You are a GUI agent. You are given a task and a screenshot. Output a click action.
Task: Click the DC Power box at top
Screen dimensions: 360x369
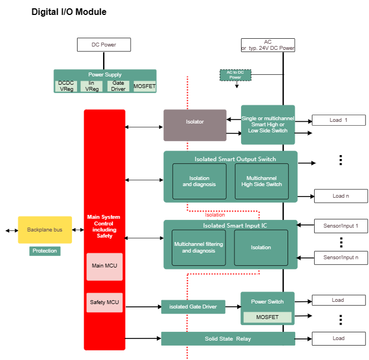(x=104, y=44)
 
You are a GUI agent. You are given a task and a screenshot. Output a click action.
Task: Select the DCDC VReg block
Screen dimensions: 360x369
(x=66, y=86)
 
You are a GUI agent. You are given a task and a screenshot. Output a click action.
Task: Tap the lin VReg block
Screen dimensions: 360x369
(x=91, y=86)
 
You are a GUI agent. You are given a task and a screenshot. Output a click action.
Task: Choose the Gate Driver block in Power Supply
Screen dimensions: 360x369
(x=118, y=86)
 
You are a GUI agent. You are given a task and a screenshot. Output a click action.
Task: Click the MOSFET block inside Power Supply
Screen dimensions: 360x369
(x=145, y=86)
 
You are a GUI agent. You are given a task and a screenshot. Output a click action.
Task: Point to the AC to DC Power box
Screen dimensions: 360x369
(x=235, y=75)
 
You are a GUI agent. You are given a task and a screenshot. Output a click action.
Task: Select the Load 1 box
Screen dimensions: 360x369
(x=339, y=120)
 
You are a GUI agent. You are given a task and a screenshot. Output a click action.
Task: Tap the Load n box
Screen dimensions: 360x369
(x=341, y=196)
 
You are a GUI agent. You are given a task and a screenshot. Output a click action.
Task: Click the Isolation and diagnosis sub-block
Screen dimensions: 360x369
(x=199, y=181)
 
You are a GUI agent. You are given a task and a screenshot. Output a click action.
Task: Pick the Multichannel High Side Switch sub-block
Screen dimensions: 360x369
(x=262, y=181)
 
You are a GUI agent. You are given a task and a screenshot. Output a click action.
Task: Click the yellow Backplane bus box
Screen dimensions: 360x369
(x=45, y=230)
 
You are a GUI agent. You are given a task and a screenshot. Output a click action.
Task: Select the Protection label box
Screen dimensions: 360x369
(x=45, y=251)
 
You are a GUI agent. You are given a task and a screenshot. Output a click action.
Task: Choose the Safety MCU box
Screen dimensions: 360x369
(x=104, y=302)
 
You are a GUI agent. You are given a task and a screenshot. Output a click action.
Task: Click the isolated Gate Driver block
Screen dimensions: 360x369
(x=193, y=307)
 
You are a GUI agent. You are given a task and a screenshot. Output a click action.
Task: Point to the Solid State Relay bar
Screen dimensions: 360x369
(x=228, y=338)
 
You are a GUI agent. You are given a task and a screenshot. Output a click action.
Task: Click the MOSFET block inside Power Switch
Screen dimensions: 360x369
(x=268, y=317)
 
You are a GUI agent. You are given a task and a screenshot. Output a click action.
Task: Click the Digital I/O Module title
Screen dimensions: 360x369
(x=69, y=12)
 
